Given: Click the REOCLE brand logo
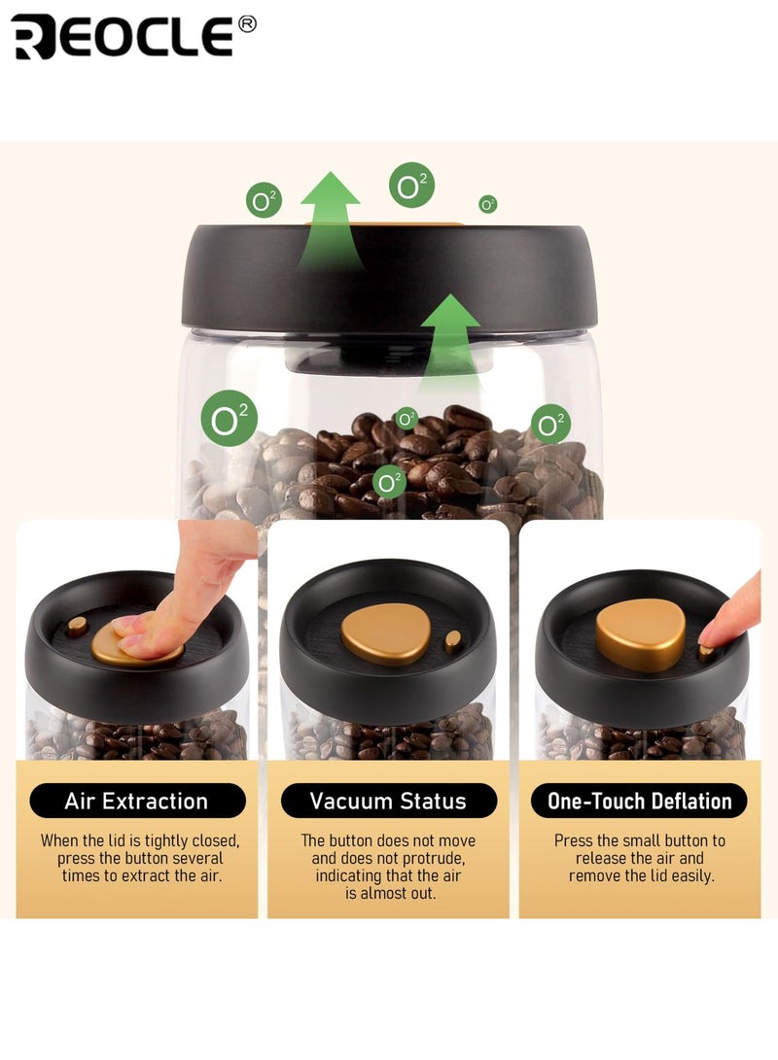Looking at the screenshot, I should [x=122, y=37].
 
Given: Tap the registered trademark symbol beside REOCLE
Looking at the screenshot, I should [x=247, y=23].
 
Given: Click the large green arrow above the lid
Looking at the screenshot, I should [x=330, y=219].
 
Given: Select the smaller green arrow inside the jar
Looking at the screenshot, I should [x=450, y=335].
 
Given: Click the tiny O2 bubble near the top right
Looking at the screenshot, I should [x=488, y=204].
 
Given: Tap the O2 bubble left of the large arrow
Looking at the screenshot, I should [x=263, y=202].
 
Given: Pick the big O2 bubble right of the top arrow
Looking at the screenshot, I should [x=411, y=185].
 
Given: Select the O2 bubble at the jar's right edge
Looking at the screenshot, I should [x=550, y=424].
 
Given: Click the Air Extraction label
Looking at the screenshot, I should [x=137, y=802].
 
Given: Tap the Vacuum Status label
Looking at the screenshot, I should [x=388, y=802].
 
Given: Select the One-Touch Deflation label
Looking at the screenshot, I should [x=639, y=802].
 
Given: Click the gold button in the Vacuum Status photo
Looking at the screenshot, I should [x=385, y=633].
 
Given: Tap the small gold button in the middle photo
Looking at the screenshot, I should [x=452, y=640].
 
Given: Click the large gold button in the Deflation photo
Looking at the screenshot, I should [x=640, y=633].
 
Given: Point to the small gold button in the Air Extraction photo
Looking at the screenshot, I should [x=77, y=625].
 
